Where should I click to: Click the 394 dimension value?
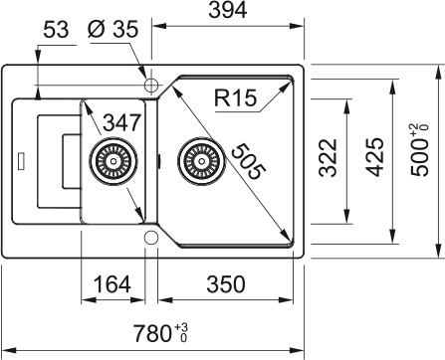(x=228, y=10)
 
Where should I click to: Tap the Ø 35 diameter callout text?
(x=112, y=29)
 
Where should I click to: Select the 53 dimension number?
(x=56, y=29)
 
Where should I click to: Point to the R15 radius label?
(x=235, y=97)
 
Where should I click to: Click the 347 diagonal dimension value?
(x=122, y=122)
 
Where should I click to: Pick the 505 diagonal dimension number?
(x=249, y=161)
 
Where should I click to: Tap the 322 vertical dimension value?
(x=328, y=157)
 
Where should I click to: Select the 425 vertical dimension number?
(x=375, y=157)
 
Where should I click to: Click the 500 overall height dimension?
(x=419, y=150)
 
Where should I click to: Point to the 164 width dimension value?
(x=112, y=284)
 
